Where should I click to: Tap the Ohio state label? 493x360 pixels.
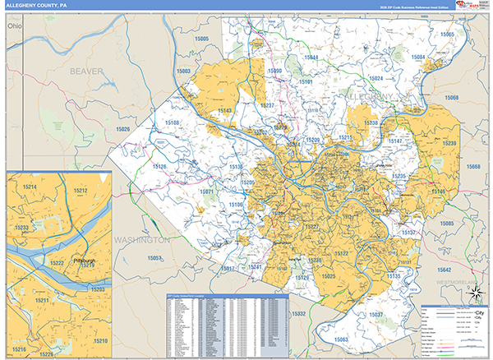13,26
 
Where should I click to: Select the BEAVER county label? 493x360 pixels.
86,72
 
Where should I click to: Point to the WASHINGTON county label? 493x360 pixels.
142,239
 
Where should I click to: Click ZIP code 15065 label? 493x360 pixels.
446,35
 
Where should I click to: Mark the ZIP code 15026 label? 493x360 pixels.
123,129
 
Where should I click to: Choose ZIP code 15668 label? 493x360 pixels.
473,167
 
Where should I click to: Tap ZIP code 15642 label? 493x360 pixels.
444,270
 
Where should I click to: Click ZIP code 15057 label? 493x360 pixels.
154,258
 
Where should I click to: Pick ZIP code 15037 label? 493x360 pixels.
376,316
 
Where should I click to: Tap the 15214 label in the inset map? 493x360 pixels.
30,187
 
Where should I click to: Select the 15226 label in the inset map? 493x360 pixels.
47,353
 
